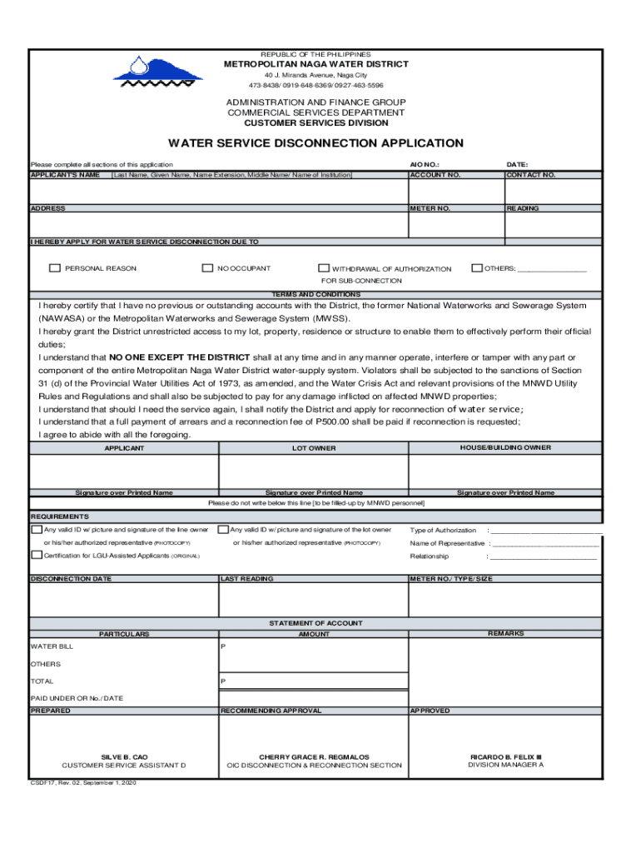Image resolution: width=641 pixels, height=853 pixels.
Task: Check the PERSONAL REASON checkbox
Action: pyautogui.click(x=55, y=268)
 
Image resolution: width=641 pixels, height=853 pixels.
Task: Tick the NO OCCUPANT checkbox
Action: pyautogui.click(x=208, y=268)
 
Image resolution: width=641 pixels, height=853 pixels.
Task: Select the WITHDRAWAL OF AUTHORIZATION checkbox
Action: pyautogui.click(x=324, y=268)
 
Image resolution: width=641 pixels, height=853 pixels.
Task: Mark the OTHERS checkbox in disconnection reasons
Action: pyautogui.click(x=477, y=268)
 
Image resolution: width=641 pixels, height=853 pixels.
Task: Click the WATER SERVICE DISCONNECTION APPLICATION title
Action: pyautogui.click(x=316, y=143)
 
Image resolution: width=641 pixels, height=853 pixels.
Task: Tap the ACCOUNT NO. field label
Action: pyautogui.click(x=435, y=175)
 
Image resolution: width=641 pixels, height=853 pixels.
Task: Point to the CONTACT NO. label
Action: pyautogui.click(x=531, y=175)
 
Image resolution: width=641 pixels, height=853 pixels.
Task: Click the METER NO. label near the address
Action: pyautogui.click(x=430, y=208)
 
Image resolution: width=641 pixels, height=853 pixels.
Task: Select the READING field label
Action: pyautogui.click(x=524, y=208)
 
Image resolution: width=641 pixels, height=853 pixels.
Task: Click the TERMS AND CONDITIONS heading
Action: pyautogui.click(x=316, y=295)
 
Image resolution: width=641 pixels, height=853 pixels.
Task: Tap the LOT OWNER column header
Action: pyautogui.click(x=314, y=448)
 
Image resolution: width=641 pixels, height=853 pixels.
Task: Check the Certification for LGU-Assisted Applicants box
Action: pyautogui.click(x=37, y=556)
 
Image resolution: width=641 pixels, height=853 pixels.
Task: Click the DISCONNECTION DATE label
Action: pyautogui.click(x=71, y=578)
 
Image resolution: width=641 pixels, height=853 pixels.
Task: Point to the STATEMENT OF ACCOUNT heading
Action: pyautogui.click(x=316, y=623)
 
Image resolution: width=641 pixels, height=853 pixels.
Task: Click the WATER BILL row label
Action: pyautogui.click(x=52, y=646)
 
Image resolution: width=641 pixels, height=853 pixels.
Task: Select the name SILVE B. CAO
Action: pyautogui.click(x=124, y=757)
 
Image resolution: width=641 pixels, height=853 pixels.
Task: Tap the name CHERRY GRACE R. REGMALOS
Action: pyautogui.click(x=314, y=757)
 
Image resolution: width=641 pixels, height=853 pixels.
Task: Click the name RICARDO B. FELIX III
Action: pyautogui.click(x=505, y=757)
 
